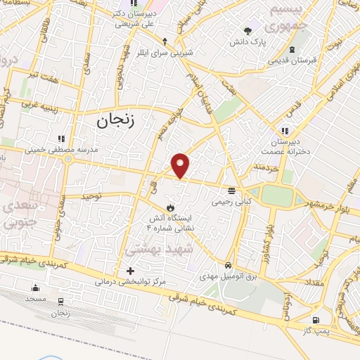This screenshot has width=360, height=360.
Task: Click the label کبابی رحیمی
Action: (231, 201)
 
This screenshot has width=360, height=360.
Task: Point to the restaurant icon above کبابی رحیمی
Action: (231, 191)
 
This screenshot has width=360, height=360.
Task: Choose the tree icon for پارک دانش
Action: (247, 30)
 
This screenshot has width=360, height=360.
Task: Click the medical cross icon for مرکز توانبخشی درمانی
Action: (129, 271)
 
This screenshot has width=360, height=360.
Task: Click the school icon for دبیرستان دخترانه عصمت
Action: (285, 130)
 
